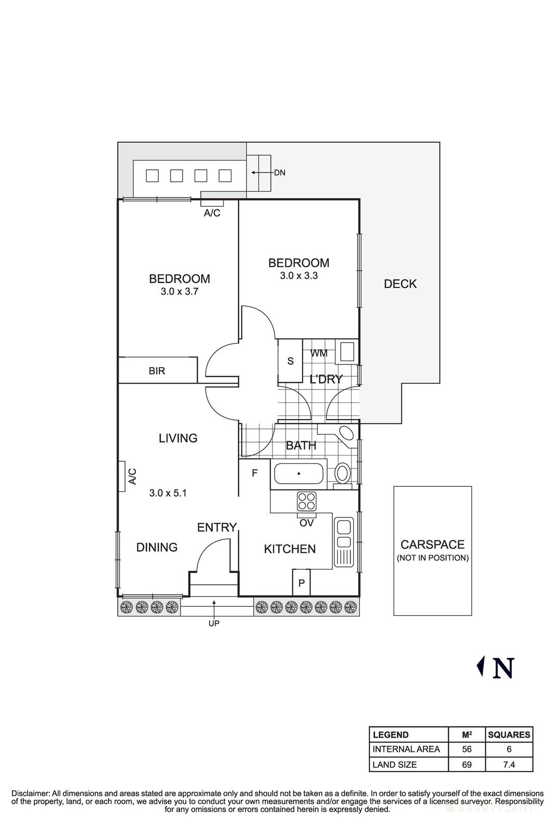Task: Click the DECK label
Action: [x=400, y=284]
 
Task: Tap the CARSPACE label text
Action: [x=432, y=545]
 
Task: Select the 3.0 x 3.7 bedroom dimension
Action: [x=179, y=292]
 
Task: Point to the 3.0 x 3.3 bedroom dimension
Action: [x=299, y=276]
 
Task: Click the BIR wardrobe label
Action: [x=157, y=371]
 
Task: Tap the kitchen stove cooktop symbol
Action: [x=306, y=501]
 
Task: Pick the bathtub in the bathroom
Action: [x=299, y=474]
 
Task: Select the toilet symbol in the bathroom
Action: [x=342, y=474]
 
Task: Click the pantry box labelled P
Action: [x=301, y=583]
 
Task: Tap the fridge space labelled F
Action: [x=254, y=473]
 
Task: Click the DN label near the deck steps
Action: [x=280, y=172]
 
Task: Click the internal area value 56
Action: [x=467, y=749]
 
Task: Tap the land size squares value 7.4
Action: [x=509, y=764]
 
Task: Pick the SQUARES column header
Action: [x=509, y=735]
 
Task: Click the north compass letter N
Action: [x=503, y=668]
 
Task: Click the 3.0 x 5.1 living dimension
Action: [x=167, y=493]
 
